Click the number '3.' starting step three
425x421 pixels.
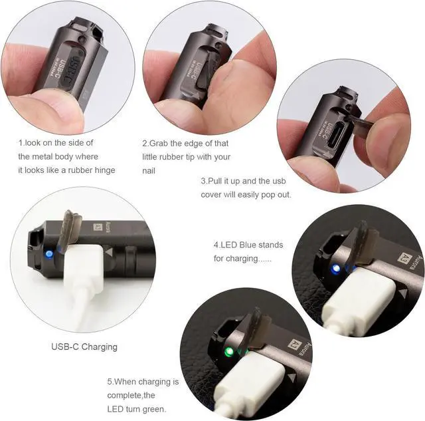(x=205, y=181)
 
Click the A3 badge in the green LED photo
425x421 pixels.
(x=290, y=346)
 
